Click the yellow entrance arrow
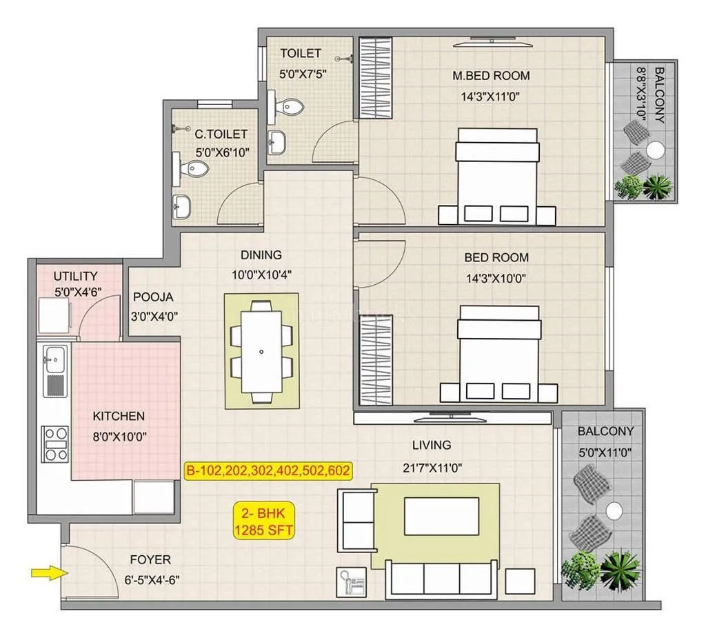pyautogui.click(x=42, y=571)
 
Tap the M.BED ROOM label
pyautogui.click(x=491, y=76)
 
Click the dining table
pyautogui.click(x=261, y=351)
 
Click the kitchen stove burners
pyautogui.click(x=56, y=445)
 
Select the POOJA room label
pyautogui.click(x=153, y=297)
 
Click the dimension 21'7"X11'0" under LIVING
pyautogui.click(x=432, y=467)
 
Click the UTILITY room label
pyautogui.click(x=76, y=277)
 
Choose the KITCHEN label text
pyautogui.click(x=119, y=416)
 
